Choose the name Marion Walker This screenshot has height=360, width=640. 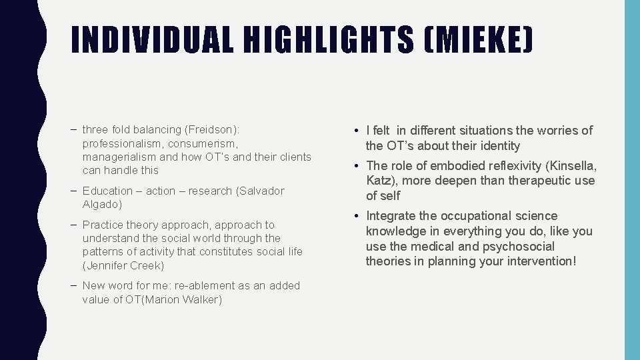pos(186,299)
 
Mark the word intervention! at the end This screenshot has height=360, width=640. pos(538,261)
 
